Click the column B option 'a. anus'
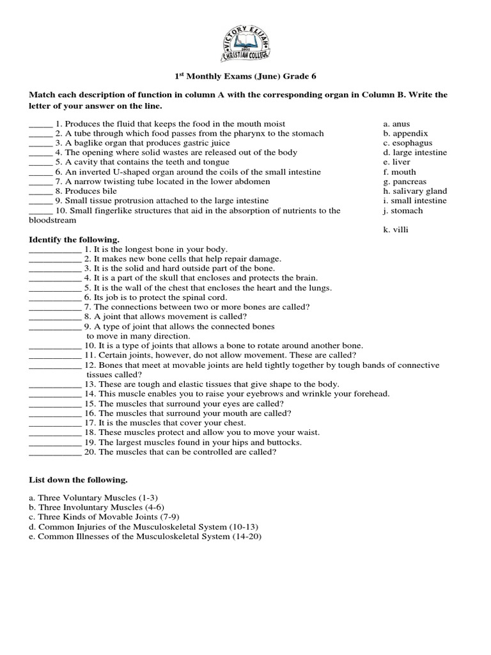tap(396, 124)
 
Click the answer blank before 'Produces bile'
tap(40, 191)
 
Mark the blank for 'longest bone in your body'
tap(55, 249)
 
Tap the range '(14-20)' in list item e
tap(247, 537)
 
